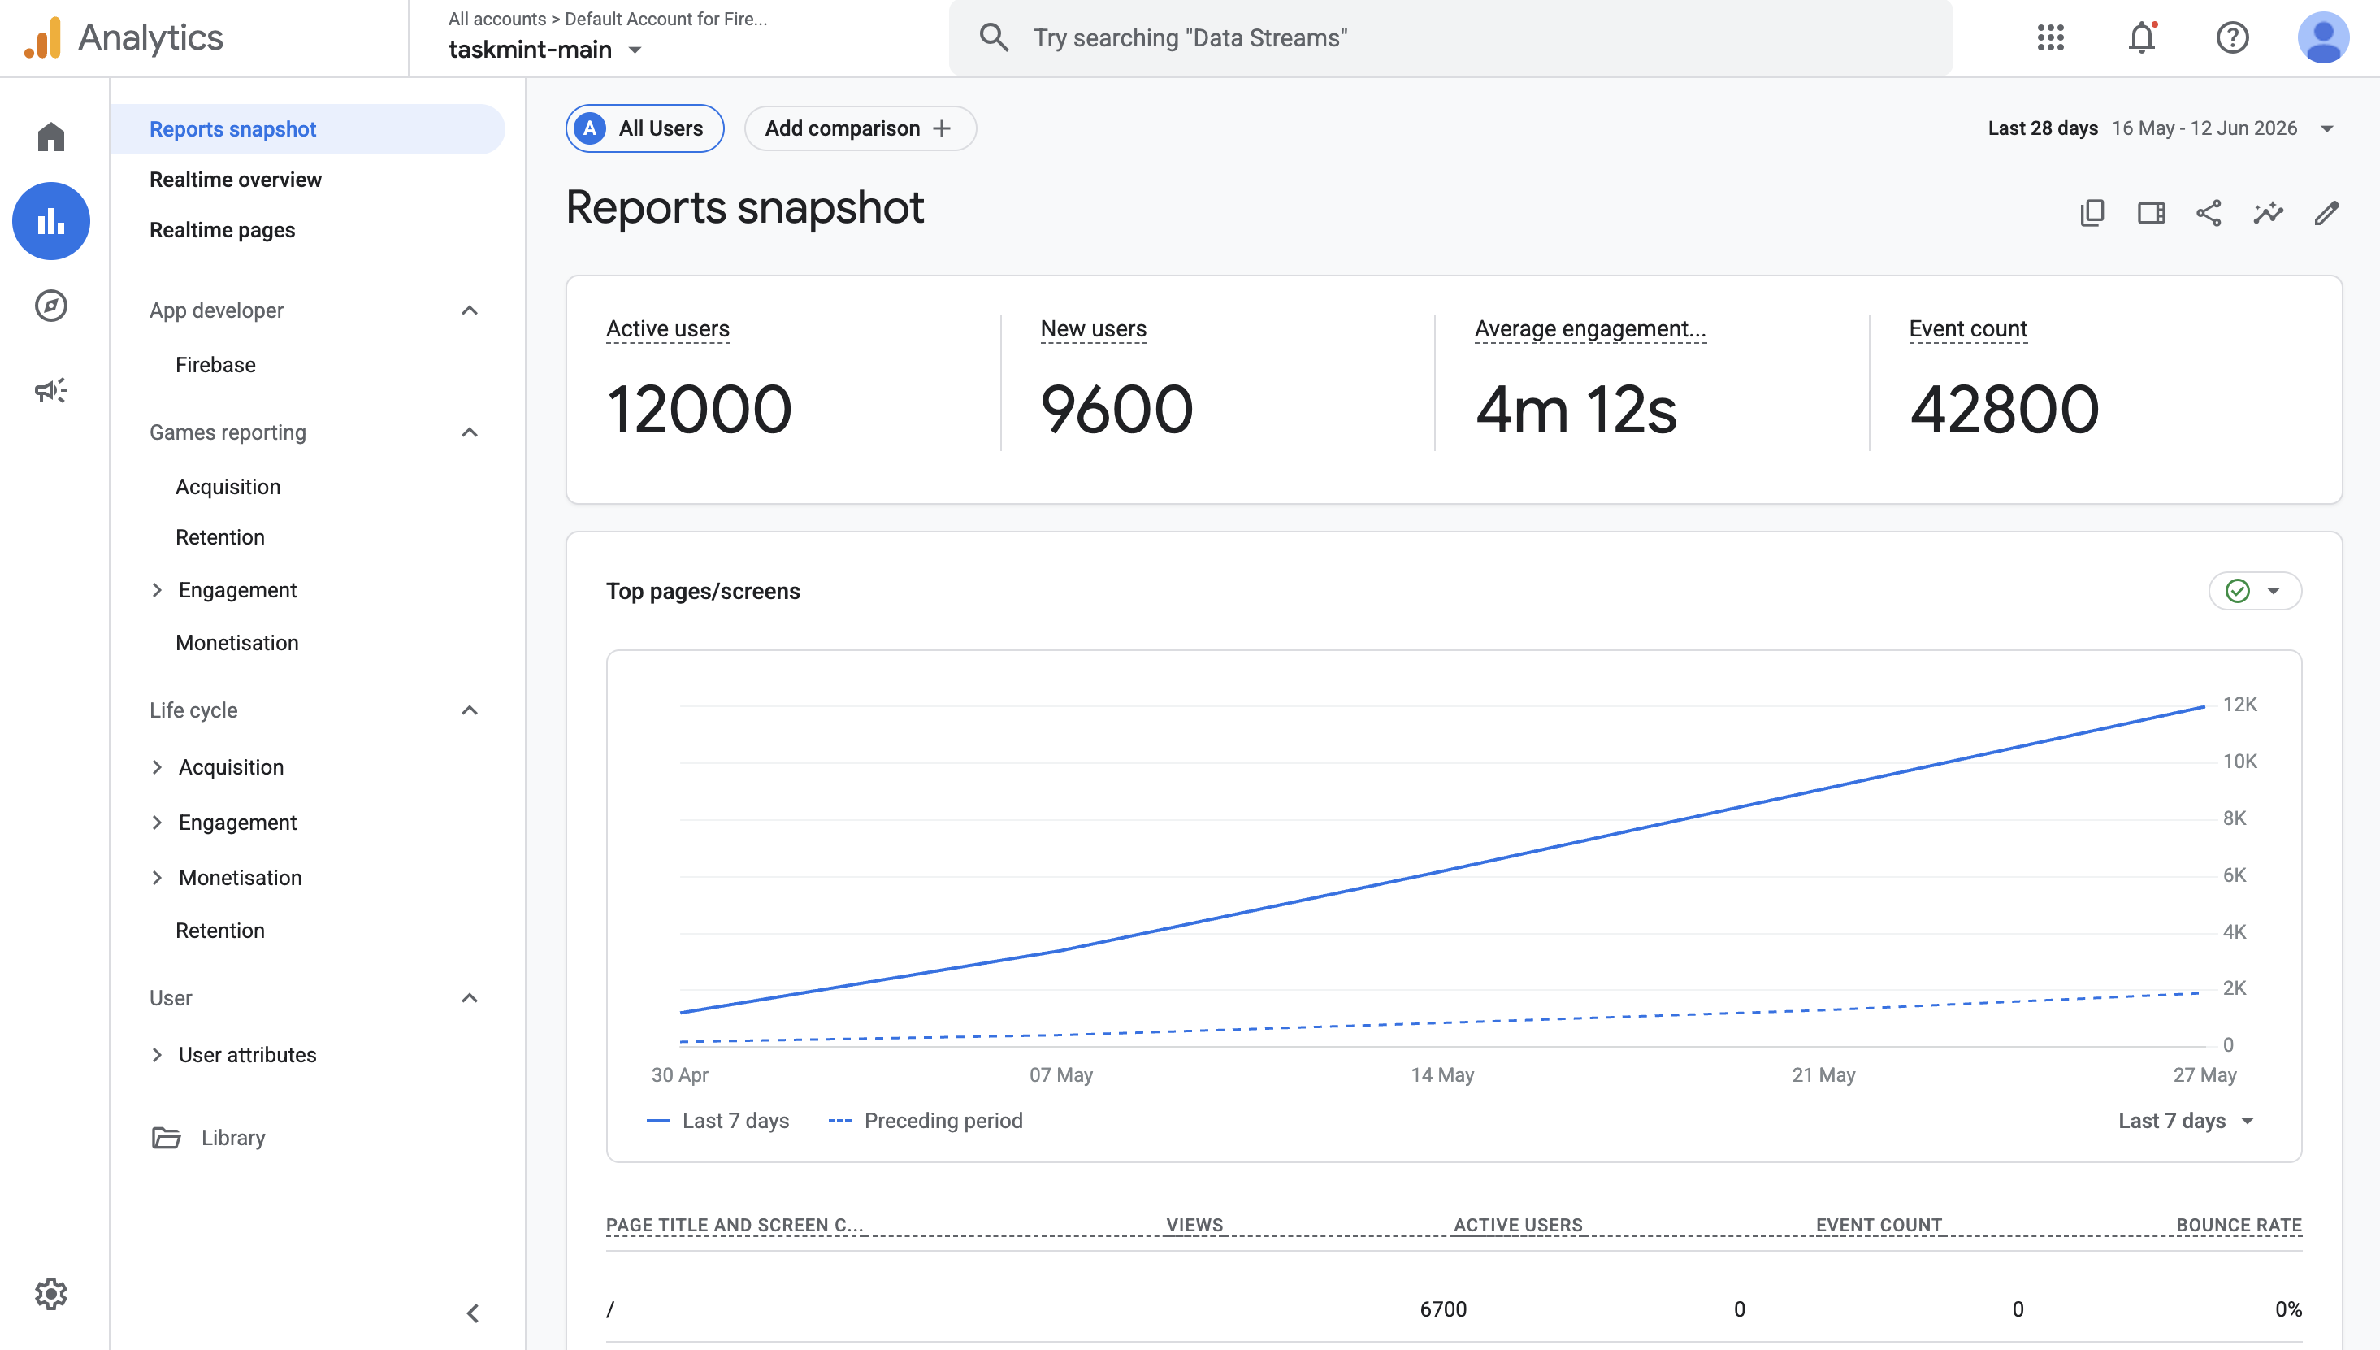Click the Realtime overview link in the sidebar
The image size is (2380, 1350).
pyautogui.click(x=236, y=179)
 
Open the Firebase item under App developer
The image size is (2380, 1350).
pyautogui.click(x=215, y=364)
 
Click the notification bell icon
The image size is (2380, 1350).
pyautogui.click(x=2141, y=37)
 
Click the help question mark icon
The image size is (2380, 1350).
pyautogui.click(x=2232, y=37)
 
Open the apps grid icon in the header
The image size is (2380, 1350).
pyautogui.click(x=2050, y=37)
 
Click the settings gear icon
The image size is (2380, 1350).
pyautogui.click(x=51, y=1292)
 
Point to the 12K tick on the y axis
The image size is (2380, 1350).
pyautogui.click(x=2239, y=704)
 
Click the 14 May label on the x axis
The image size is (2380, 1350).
pyautogui.click(x=1442, y=1074)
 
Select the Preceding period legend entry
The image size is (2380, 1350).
pyautogui.click(x=925, y=1120)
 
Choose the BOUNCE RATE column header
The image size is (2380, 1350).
pyautogui.click(x=2238, y=1225)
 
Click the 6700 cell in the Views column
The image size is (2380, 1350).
pyautogui.click(x=1443, y=1309)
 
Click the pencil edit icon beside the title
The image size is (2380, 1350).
pyautogui.click(x=2326, y=213)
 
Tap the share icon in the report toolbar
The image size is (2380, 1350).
pyautogui.click(x=2209, y=213)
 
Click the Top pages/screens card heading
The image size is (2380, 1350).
pyautogui.click(x=703, y=591)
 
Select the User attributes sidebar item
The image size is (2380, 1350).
pyautogui.click(x=246, y=1054)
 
